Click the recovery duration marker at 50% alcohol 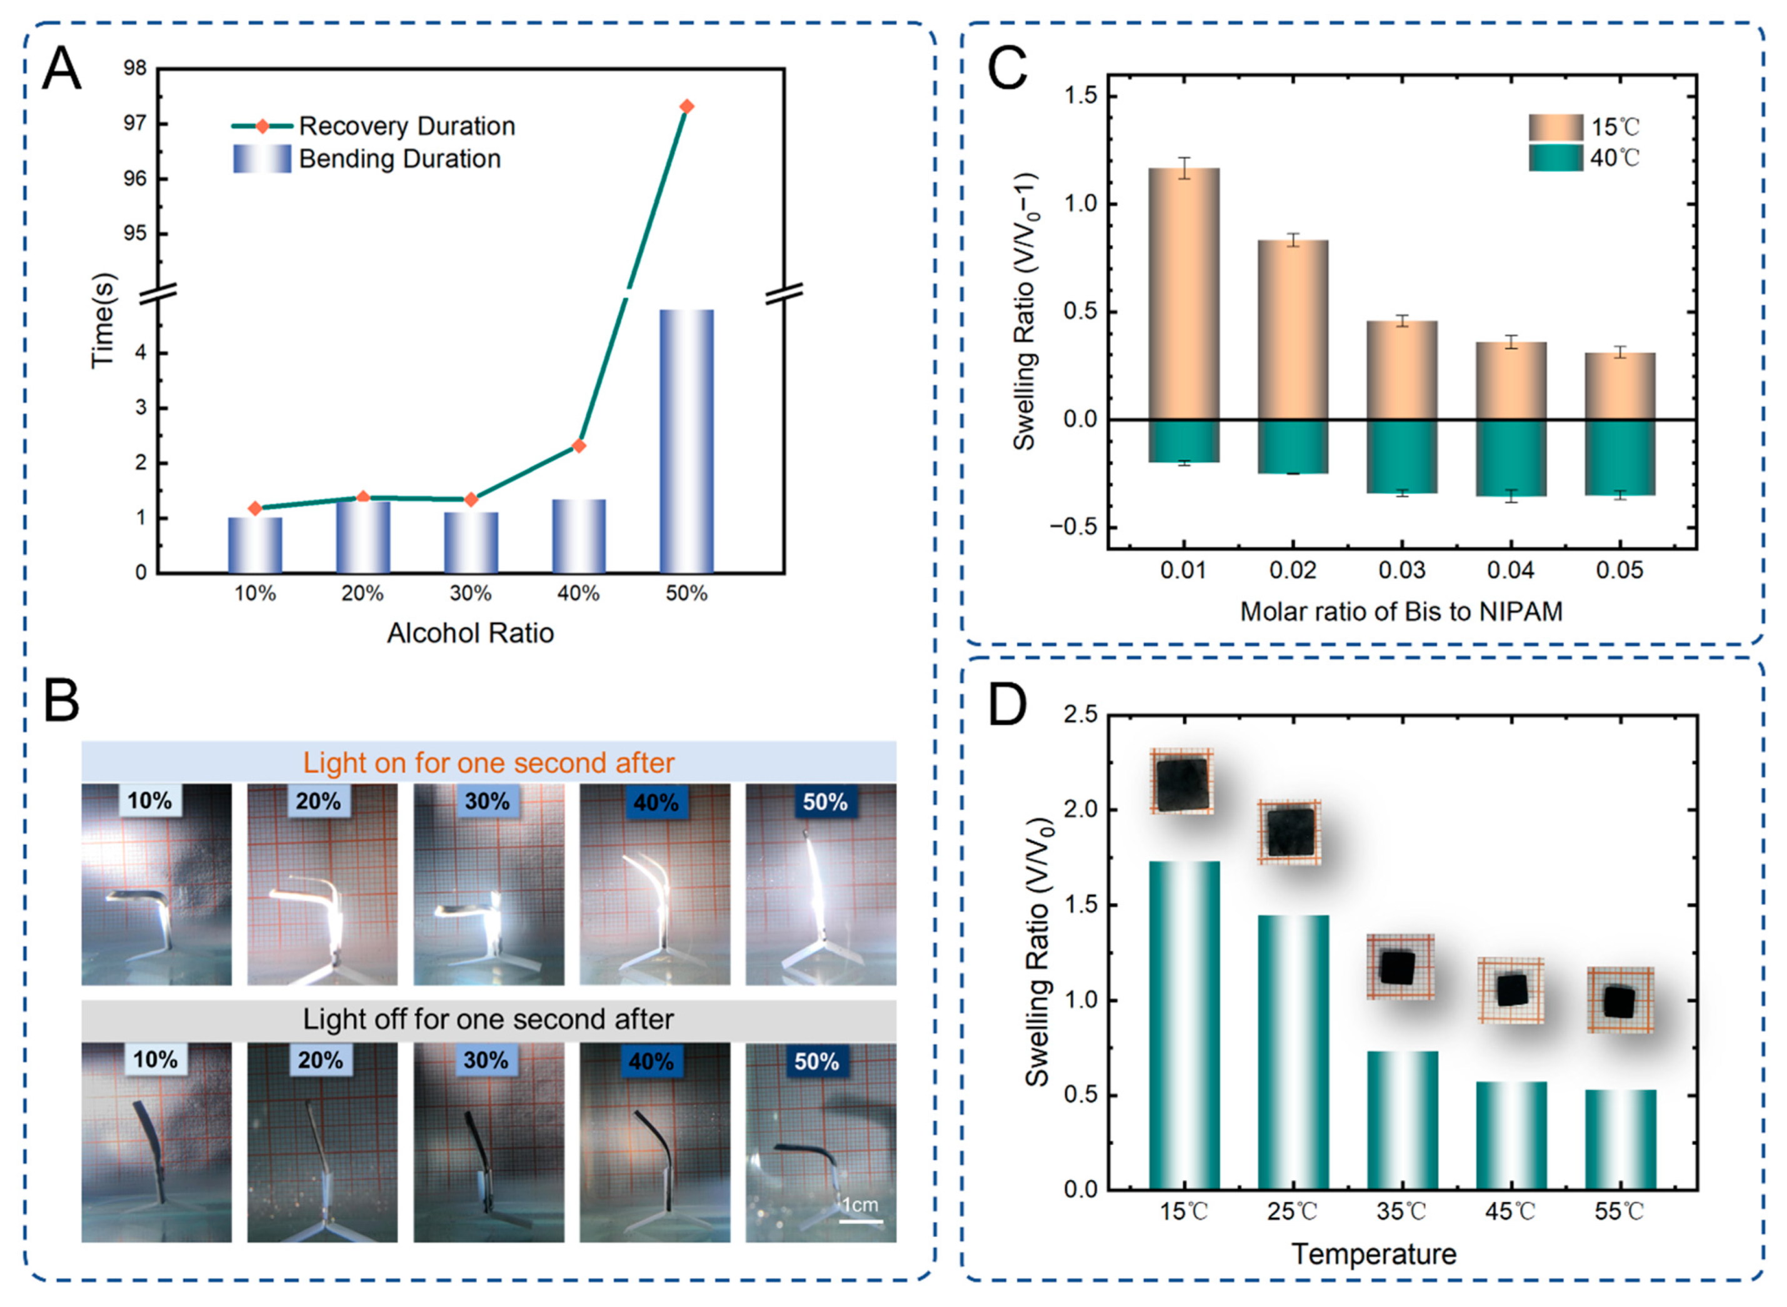[x=686, y=107]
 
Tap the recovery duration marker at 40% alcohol [x=579, y=447]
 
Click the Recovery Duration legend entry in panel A [x=406, y=126]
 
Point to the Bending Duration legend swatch [x=262, y=159]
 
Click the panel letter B [x=62, y=701]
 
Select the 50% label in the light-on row [x=824, y=802]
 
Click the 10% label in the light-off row [x=155, y=1059]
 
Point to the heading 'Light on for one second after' [x=489, y=763]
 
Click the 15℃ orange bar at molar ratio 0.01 [x=1184, y=293]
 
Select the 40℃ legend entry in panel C [x=1614, y=158]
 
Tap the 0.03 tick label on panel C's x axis [x=1401, y=570]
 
